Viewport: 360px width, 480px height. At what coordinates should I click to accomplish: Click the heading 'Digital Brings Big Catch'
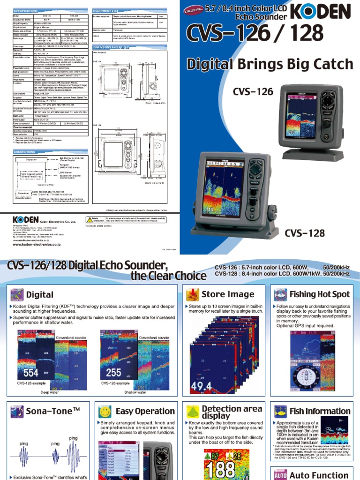[270, 64]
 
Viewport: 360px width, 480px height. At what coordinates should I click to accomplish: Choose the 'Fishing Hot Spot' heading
[320, 294]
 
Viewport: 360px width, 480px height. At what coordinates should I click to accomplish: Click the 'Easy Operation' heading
[145, 411]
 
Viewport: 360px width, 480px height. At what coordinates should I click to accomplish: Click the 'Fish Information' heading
[320, 411]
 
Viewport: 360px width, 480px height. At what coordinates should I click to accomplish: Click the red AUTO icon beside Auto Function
[280, 475]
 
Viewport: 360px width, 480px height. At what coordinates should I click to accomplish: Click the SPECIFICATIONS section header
[30, 10]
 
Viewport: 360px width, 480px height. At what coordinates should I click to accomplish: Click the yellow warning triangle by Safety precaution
[89, 219]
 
